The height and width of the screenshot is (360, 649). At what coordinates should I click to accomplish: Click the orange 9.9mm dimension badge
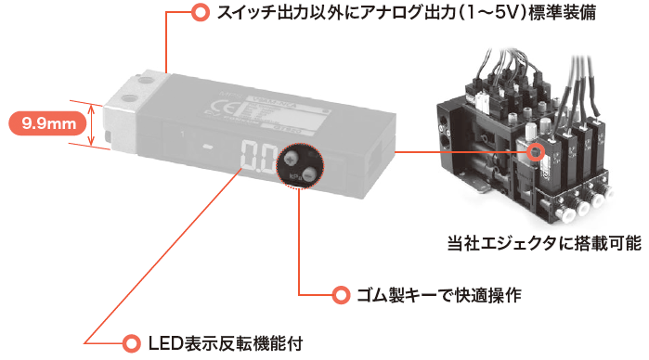pos(48,123)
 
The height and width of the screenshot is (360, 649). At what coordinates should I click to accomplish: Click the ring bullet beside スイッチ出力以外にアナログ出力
pos(201,12)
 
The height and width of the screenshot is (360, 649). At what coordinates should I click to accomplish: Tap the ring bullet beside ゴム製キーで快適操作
pos(341,295)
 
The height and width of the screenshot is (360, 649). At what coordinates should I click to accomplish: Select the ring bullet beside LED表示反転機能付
pos(131,343)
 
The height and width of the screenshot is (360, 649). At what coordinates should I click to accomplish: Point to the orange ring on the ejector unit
pos(535,152)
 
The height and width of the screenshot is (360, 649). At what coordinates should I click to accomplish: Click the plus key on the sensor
pos(292,157)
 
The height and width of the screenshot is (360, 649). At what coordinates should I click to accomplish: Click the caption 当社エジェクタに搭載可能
pos(544,243)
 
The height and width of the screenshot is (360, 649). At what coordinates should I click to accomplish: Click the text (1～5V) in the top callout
pos(494,12)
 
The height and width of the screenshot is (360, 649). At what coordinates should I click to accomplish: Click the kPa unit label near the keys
pos(295,176)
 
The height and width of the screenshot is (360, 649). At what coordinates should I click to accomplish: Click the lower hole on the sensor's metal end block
pos(130,98)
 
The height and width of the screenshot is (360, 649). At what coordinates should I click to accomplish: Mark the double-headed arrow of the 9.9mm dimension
pos(92,125)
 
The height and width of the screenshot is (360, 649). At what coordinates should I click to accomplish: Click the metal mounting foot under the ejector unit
pos(479,187)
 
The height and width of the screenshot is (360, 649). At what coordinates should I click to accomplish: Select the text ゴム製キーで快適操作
pos(439,295)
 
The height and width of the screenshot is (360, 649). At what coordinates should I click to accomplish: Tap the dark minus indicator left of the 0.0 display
pos(209,146)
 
